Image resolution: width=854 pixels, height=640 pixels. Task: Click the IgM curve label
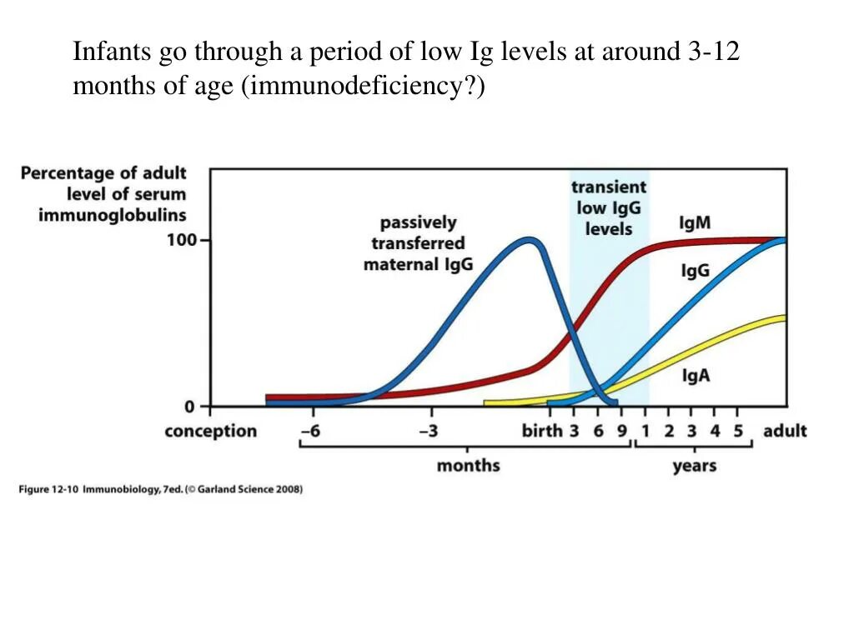tap(695, 222)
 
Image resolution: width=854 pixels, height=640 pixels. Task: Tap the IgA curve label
tap(696, 375)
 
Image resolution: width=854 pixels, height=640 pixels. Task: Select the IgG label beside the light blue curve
tap(696, 271)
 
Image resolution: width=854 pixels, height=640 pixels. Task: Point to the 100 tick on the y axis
tap(183, 239)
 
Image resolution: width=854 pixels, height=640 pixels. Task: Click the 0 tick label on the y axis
tap(189, 407)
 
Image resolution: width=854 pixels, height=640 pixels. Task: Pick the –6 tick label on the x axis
tap(311, 431)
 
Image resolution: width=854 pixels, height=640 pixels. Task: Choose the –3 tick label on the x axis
tap(429, 431)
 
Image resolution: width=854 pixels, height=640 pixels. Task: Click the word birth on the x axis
tap(542, 431)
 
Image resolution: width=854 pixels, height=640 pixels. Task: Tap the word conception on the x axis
tap(211, 431)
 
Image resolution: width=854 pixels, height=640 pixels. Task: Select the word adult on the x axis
tap(785, 431)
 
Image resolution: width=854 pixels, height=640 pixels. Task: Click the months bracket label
tap(469, 466)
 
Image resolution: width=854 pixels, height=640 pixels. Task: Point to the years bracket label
tap(695, 467)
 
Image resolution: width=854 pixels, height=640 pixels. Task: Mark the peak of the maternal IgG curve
tap(529, 240)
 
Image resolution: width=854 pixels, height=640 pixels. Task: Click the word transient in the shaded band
tap(609, 187)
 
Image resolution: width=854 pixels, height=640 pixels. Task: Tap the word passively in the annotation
tap(419, 223)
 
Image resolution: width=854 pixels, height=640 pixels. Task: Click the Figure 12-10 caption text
tap(161, 488)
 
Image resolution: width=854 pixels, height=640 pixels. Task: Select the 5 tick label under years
tap(738, 431)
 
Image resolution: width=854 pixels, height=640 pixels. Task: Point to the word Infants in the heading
tap(112, 51)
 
